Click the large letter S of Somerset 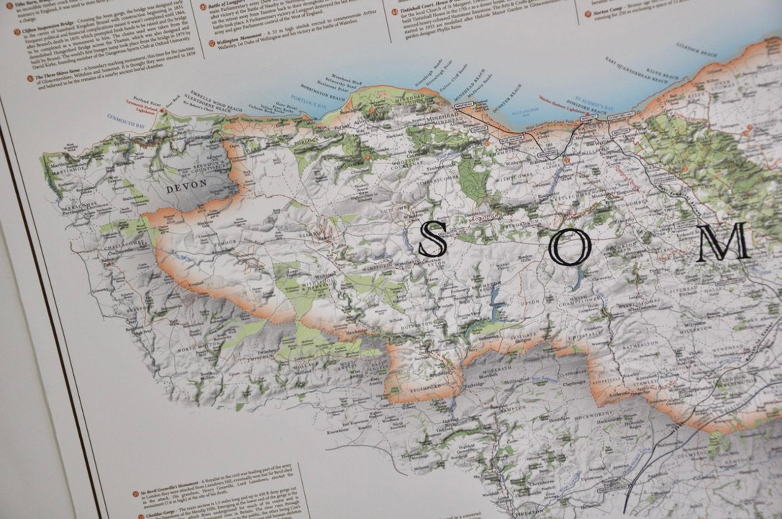(x=433, y=239)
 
